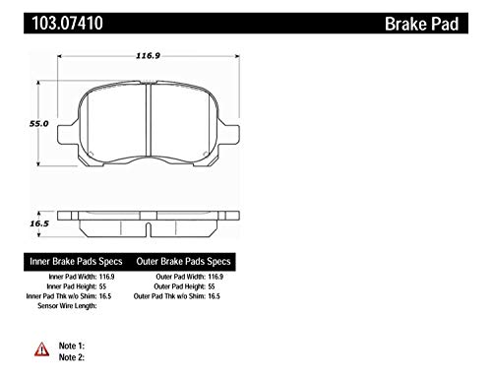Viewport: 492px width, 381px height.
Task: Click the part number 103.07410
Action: [x=67, y=23]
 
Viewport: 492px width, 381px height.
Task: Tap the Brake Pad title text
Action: [x=421, y=24]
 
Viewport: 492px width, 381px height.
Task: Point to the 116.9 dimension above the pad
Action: [x=148, y=56]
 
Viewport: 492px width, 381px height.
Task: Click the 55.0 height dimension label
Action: [x=39, y=124]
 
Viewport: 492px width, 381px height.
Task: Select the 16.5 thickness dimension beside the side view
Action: [x=39, y=223]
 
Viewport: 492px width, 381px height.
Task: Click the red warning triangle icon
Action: [x=41, y=349]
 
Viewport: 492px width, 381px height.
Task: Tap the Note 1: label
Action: [x=72, y=346]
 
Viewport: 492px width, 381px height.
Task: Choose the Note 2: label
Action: [x=72, y=357]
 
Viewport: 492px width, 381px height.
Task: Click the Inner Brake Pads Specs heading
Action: [x=76, y=262]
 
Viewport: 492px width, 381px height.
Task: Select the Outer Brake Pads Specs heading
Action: [x=183, y=262]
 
